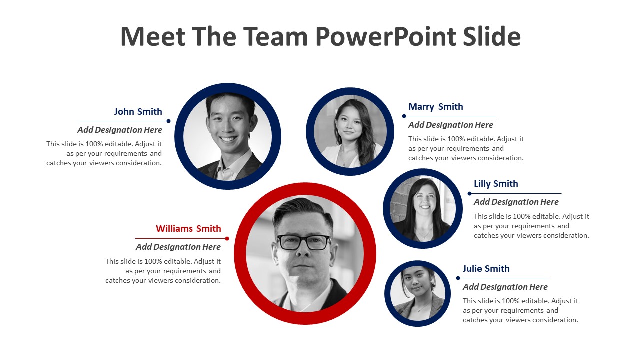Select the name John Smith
pyautogui.click(x=138, y=111)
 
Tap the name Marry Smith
pyautogui.click(x=435, y=107)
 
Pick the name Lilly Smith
pyautogui.click(x=496, y=184)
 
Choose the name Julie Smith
pyautogui.click(x=486, y=269)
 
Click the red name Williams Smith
pyautogui.click(x=188, y=229)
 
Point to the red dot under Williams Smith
pyautogui.click(x=227, y=239)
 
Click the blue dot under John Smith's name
pyautogui.click(x=168, y=121)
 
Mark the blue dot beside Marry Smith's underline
pyautogui.click(x=404, y=116)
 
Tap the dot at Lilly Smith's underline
pyautogui.click(x=469, y=193)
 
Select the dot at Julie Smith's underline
pyautogui.click(x=458, y=278)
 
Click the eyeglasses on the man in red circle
pyautogui.click(x=303, y=242)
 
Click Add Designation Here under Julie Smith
pyautogui.click(x=505, y=287)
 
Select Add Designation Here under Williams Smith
pyautogui.click(x=178, y=247)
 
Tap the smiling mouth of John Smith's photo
pyautogui.click(x=228, y=139)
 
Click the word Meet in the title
pyautogui.click(x=153, y=37)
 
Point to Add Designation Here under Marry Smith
pyautogui.click(x=451, y=125)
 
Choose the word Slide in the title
pyautogui.click(x=492, y=36)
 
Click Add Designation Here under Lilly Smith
pyautogui.click(x=516, y=202)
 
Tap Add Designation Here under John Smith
pyautogui.click(x=120, y=130)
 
